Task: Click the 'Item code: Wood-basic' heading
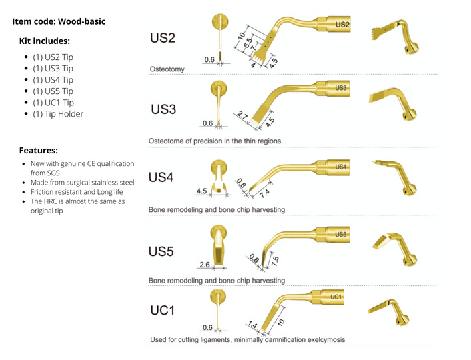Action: pos(59,22)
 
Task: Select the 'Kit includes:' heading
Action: pos(45,41)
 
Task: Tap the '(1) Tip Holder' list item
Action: pos(58,114)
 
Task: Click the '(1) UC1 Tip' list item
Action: pos(53,103)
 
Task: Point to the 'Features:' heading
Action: pos(38,151)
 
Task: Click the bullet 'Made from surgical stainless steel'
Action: pos(82,182)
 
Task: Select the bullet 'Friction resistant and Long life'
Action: pos(77,191)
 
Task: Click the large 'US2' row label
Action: pos(163,37)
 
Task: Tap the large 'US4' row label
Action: pos(161,177)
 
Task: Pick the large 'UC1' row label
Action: pos(162,310)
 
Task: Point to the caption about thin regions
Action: pos(214,141)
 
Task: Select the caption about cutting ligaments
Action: pos(248,339)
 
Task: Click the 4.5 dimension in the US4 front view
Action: pos(202,191)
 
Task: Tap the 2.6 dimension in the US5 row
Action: pos(204,265)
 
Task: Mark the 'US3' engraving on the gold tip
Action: pos(340,88)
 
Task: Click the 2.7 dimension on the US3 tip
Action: pos(242,116)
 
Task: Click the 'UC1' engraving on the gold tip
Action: pos(337,295)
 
